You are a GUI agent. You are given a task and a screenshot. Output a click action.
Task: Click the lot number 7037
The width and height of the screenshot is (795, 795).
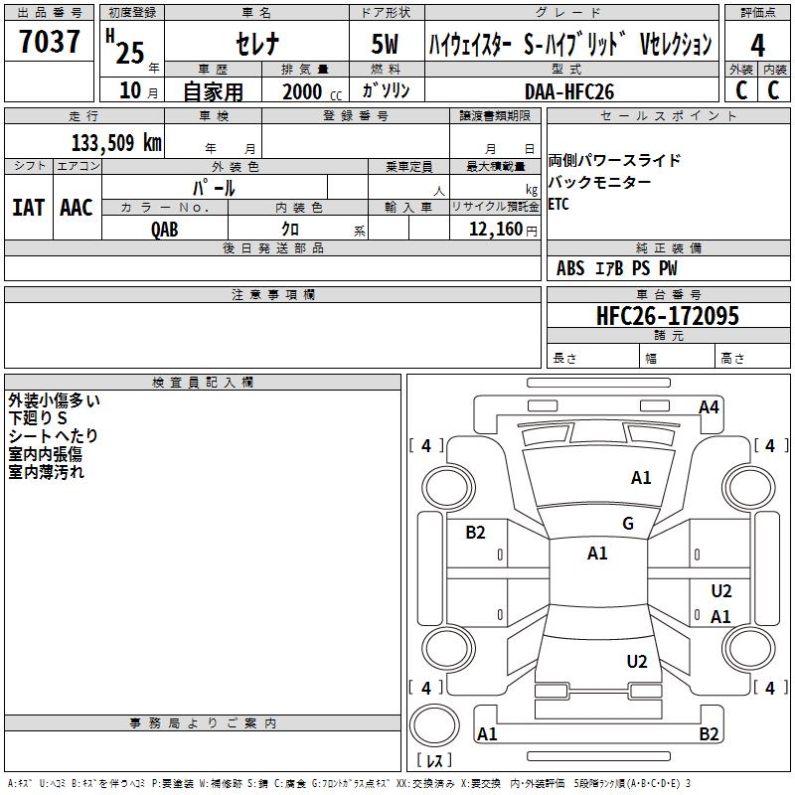click(x=50, y=43)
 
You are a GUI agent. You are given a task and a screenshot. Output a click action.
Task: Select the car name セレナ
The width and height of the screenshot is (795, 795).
click(x=255, y=45)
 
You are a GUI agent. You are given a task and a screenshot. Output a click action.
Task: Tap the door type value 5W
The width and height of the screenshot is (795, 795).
click(x=386, y=45)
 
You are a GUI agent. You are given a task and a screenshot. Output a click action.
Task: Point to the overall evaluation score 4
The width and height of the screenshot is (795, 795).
click(x=758, y=46)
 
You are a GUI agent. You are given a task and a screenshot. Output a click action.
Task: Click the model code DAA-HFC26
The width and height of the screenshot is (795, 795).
click(x=569, y=91)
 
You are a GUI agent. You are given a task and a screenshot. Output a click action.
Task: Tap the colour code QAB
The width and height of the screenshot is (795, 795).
click(x=165, y=229)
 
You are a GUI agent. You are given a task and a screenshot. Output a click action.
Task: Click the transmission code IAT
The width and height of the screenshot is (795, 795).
click(x=28, y=208)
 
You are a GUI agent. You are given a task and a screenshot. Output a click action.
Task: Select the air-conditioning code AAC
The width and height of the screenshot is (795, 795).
click(x=77, y=208)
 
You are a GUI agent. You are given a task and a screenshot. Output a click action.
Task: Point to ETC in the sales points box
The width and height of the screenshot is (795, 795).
click(x=559, y=205)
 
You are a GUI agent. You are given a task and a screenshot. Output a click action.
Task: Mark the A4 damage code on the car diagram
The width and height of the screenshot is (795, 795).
click(x=709, y=406)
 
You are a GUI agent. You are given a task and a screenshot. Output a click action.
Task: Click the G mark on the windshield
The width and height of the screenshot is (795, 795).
click(x=628, y=524)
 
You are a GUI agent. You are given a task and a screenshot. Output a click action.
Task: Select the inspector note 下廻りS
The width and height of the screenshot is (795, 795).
click(x=39, y=418)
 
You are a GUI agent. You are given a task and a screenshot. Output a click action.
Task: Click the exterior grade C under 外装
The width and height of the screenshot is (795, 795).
click(x=741, y=89)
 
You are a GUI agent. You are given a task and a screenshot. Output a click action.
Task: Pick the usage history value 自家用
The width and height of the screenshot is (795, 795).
click(x=214, y=91)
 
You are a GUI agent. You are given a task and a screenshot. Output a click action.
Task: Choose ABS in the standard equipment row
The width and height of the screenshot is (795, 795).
click(x=570, y=268)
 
